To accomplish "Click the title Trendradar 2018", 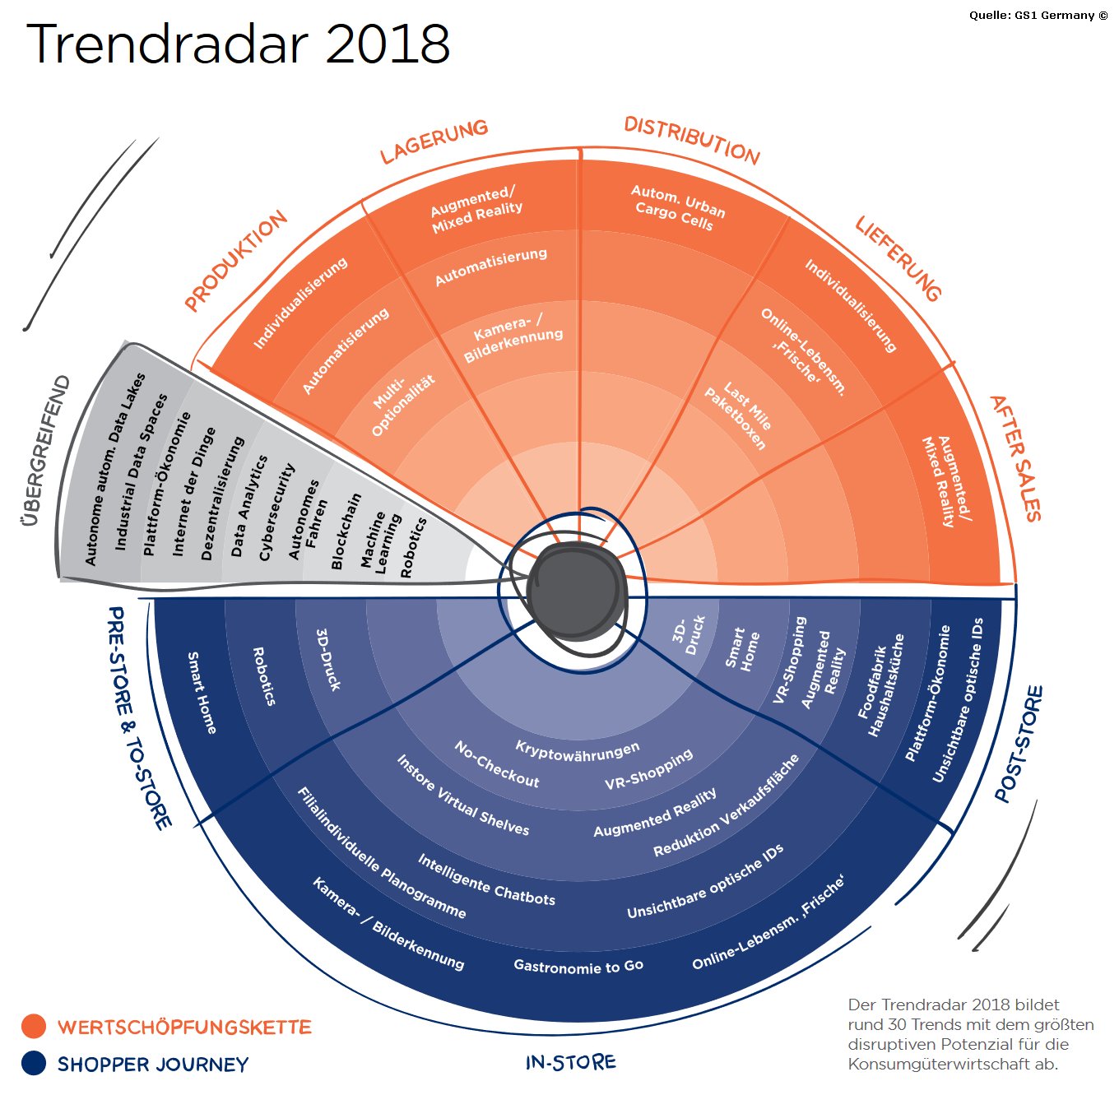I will point(239,44).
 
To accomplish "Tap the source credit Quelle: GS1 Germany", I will point(1038,15).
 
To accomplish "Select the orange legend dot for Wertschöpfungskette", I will point(34,1026).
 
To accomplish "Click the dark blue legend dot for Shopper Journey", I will point(34,1063).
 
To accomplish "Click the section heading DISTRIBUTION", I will point(691,140).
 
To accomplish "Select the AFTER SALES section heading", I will point(1016,457).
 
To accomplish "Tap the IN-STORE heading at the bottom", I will point(570,1062).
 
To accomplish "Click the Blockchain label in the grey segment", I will point(346,531).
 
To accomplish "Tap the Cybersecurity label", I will point(276,512).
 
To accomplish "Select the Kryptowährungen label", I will point(577,750).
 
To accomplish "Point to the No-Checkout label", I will point(497,763).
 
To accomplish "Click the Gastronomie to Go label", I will point(578,966).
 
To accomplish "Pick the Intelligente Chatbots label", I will point(486,880).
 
